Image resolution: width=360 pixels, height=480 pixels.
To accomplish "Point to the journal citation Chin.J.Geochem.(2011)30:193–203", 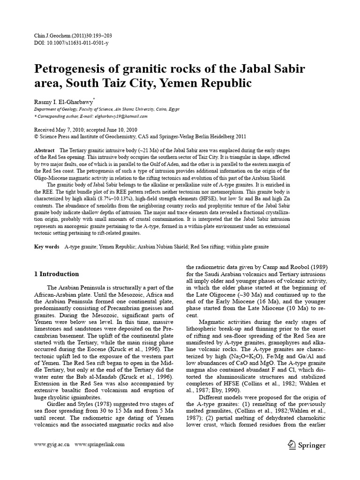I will (73, 36).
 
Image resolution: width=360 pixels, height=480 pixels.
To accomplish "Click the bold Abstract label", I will (45, 150).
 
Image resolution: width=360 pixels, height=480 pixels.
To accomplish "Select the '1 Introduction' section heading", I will (57, 274).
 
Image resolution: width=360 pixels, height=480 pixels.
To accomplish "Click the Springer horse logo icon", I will (291, 444).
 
